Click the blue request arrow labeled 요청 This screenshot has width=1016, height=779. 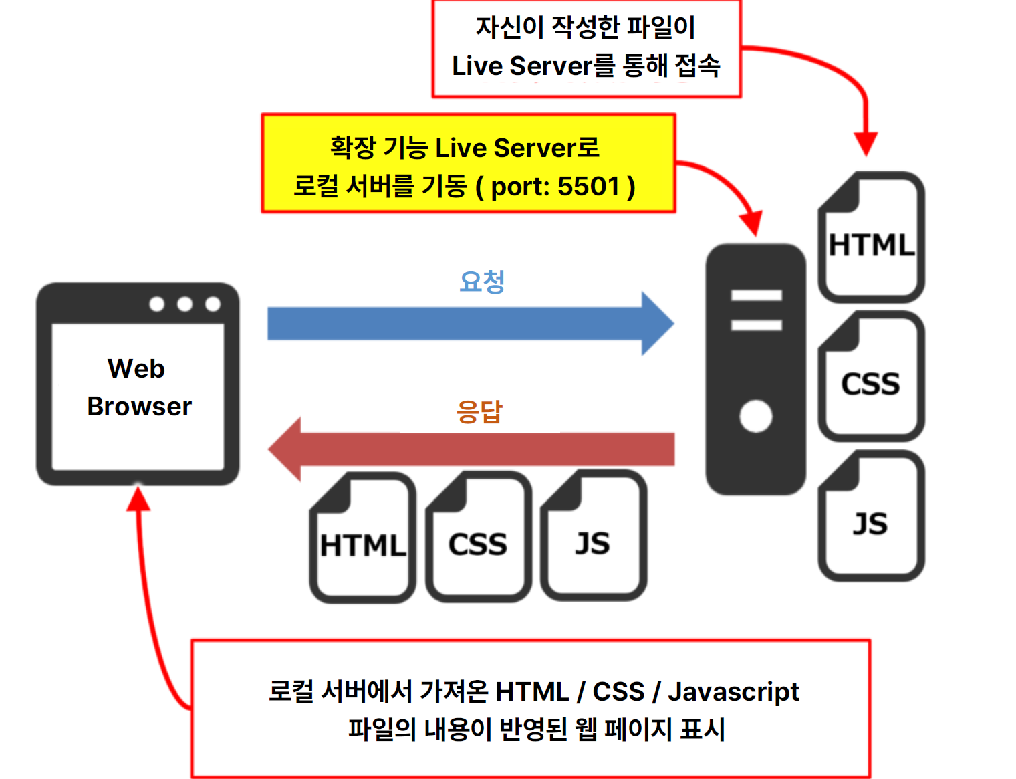471,324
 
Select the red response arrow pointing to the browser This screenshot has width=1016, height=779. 471,449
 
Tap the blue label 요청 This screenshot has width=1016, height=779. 482,282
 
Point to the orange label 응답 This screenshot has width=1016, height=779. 479,411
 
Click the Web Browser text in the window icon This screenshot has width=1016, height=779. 139,387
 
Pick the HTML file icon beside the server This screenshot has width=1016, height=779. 871,237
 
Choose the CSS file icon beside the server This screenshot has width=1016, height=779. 871,376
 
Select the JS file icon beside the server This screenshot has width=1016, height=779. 871,516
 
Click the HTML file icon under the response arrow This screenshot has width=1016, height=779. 362,538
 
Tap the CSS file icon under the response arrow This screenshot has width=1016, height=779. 479,537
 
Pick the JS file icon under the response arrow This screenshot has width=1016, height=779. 594,536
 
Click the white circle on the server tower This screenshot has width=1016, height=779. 755,416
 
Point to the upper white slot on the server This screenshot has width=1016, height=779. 757,295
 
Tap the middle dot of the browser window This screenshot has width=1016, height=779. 184,304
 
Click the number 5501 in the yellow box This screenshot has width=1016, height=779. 588,186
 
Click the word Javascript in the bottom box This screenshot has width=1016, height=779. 734,693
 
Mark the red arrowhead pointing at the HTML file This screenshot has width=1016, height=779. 866,144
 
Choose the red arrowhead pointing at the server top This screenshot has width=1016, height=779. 752,223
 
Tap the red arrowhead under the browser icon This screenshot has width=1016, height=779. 138,498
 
